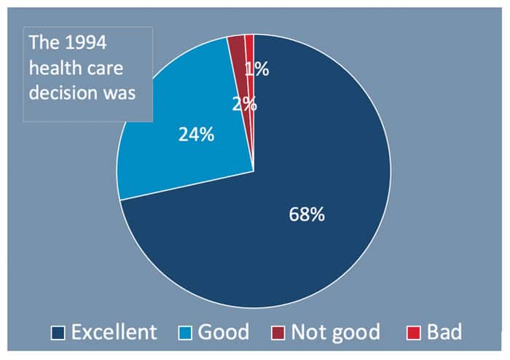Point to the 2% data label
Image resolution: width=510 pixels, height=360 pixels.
244,104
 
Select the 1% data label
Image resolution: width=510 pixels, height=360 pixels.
257,70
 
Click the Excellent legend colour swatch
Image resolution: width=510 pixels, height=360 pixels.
58,333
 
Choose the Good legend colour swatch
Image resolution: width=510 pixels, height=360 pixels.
186,333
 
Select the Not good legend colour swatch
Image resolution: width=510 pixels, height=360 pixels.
278,333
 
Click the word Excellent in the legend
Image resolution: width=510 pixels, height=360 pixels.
114,332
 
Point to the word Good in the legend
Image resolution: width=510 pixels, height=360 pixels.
223,332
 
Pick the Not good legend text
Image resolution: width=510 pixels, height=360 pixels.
335,332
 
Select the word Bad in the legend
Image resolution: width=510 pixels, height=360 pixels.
444,332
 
